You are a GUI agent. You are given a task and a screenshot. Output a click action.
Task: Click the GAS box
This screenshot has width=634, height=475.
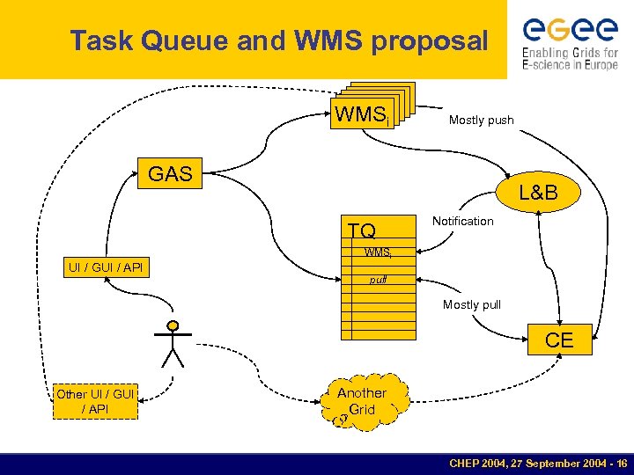pos(170,174)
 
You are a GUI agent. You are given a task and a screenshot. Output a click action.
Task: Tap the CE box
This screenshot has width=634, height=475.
pos(559,340)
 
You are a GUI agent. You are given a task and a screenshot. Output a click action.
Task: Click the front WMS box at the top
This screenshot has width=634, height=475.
pos(361,114)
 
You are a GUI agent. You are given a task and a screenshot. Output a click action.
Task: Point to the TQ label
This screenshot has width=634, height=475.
pos(361,231)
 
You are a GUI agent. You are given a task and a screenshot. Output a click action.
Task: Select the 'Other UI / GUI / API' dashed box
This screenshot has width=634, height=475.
pos(95,401)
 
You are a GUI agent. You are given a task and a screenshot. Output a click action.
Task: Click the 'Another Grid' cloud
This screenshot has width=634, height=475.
pos(361,402)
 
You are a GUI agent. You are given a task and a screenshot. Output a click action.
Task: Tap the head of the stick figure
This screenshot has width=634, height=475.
pos(173,326)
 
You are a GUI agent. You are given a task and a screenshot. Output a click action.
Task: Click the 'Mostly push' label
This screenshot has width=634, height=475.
pos(481,120)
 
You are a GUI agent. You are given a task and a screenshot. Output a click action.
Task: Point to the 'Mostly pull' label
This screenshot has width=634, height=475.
pos(472,304)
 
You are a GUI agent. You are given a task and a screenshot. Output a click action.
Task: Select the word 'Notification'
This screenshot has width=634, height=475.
pos(462,221)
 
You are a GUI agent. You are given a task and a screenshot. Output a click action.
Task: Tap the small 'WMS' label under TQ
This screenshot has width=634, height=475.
pos(378,253)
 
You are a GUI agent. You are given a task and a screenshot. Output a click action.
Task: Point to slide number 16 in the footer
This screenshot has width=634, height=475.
pos(621,463)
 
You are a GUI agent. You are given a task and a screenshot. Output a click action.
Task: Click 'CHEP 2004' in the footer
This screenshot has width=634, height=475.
pos(481,463)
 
